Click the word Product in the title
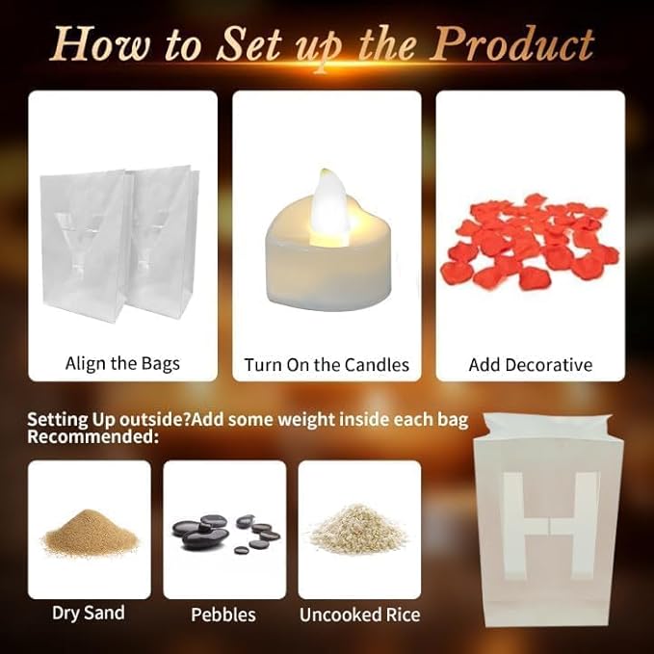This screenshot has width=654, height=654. click(511, 44)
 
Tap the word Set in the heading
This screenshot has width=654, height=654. click(249, 44)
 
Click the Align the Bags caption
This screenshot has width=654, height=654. click(122, 364)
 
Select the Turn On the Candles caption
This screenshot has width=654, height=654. click(327, 364)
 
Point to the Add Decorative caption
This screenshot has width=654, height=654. click(531, 364)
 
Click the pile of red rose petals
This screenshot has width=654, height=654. click(530, 242)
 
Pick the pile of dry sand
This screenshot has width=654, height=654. click(90, 533)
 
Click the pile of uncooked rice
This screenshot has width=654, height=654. click(358, 529)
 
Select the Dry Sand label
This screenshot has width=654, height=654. click(89, 614)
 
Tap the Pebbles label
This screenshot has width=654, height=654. click(223, 615)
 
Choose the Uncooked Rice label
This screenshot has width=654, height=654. click(360, 615)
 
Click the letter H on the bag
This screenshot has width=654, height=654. click(549, 526)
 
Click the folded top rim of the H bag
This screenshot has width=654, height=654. click(548, 427)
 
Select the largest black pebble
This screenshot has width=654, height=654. click(205, 537)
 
